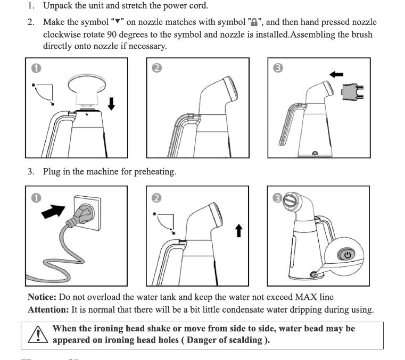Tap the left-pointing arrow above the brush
pos(336,74)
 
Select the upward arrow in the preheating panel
pos(239,230)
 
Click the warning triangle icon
pos(37,334)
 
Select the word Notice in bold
pos(42,297)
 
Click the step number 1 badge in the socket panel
pos(36,197)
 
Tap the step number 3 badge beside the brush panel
pos(277,68)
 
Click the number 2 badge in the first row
pos(156,68)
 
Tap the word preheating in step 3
pos(154,172)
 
